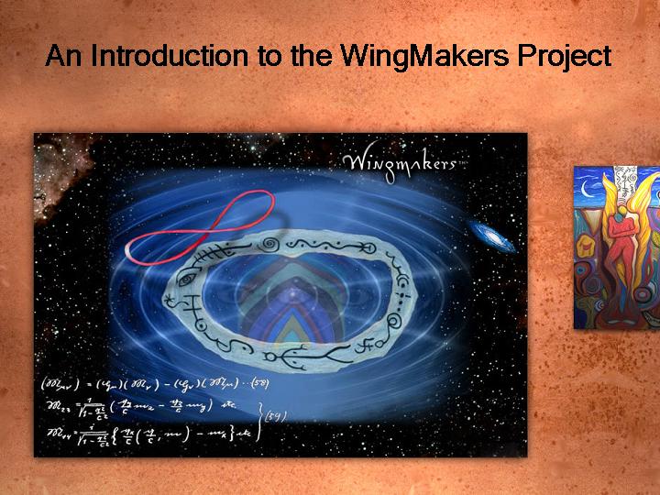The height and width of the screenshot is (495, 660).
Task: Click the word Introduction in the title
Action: coord(171,56)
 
